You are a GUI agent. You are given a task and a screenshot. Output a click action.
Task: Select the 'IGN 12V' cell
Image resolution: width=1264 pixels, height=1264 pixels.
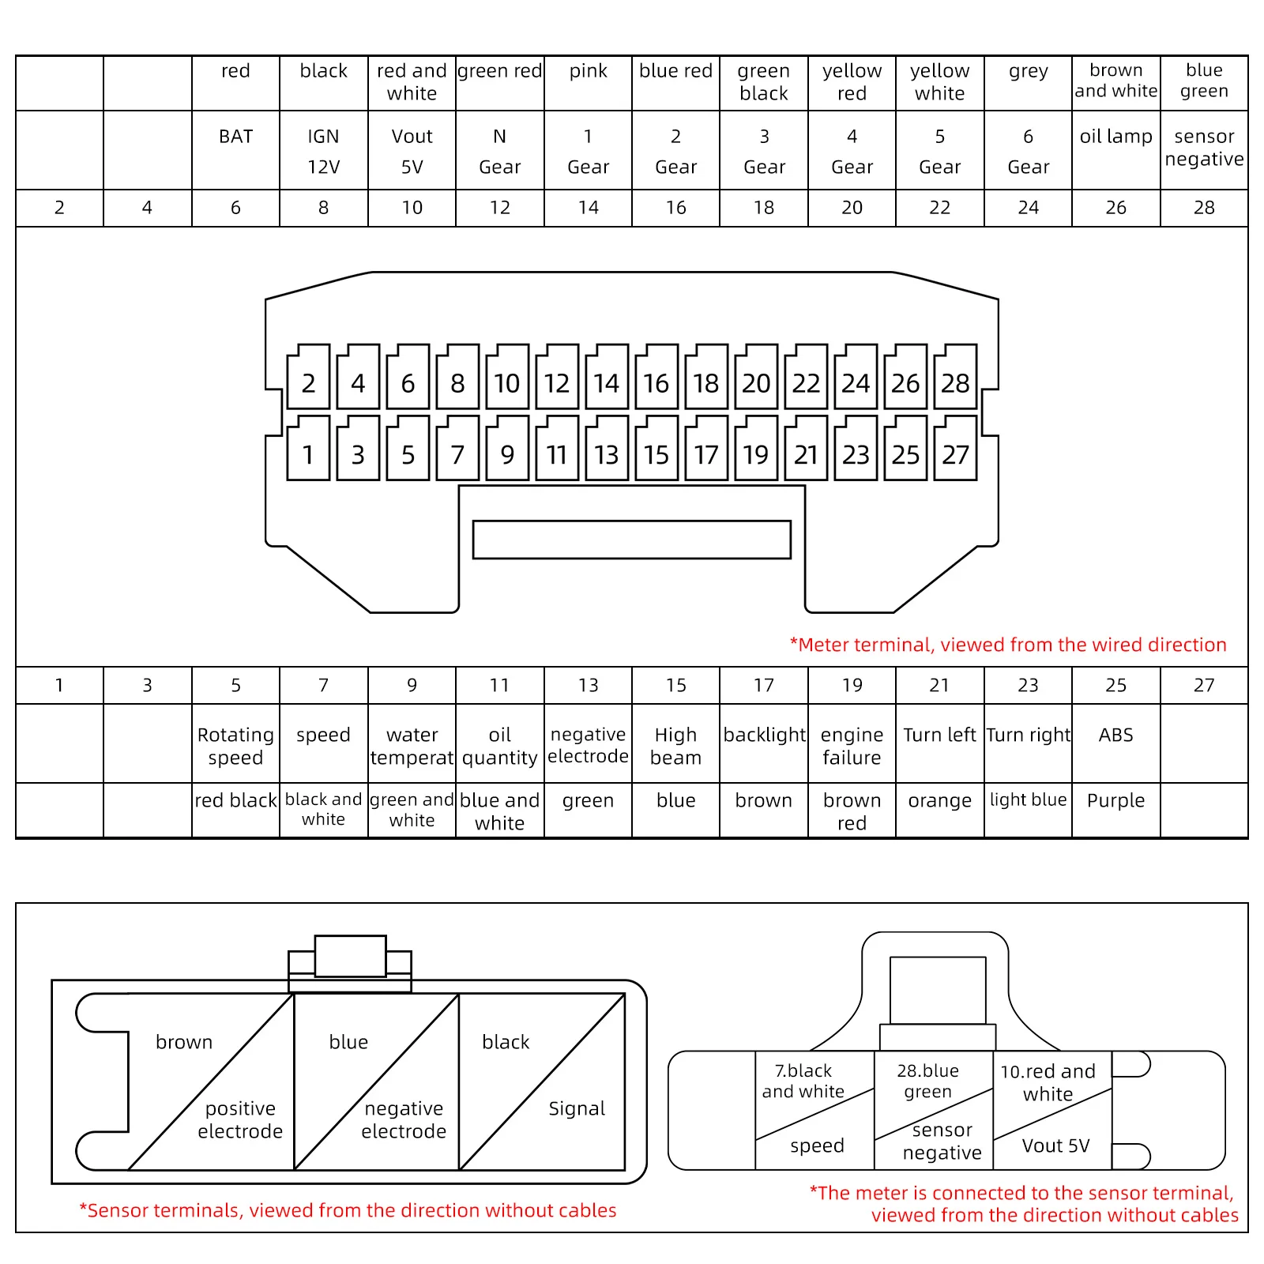coord(323,151)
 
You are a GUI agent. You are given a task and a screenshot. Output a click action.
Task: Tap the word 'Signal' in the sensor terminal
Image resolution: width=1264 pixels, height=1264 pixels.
coord(577,1108)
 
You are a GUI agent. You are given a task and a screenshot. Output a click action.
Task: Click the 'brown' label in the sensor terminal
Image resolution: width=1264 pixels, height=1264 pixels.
coord(184,1042)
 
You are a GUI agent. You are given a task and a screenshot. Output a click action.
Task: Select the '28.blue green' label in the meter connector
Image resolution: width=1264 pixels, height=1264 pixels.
coord(928,1081)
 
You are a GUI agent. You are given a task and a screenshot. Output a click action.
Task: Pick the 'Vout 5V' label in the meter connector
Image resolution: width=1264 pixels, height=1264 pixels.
coord(1055,1145)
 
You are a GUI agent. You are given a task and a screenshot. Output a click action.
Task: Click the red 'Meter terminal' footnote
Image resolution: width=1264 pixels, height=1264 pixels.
coord(1008,645)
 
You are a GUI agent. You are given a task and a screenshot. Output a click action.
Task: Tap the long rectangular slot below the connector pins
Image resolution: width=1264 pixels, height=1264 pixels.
coord(631,540)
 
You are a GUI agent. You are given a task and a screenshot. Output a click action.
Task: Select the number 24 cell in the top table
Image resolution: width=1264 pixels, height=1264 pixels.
coord(1028,208)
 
